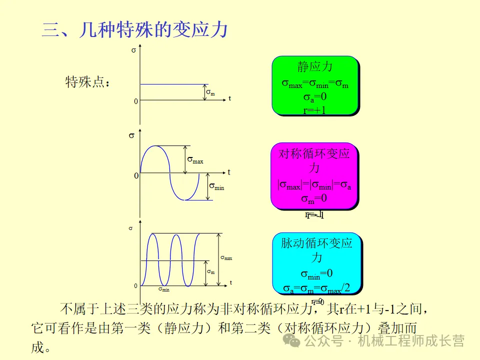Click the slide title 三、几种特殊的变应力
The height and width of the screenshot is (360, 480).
pyautogui.click(x=135, y=30)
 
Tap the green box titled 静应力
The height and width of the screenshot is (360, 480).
pyautogui.click(x=315, y=85)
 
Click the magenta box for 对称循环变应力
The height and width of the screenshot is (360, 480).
pyautogui.click(x=314, y=175)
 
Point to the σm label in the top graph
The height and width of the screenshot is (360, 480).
pyautogui.click(x=210, y=93)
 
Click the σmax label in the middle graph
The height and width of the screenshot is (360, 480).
pyautogui.click(x=195, y=160)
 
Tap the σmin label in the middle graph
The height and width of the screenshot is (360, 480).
pyautogui.click(x=216, y=187)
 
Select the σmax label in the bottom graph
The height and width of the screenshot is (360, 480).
pyautogui.click(x=226, y=258)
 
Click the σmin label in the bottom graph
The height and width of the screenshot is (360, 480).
pyautogui.click(x=164, y=289)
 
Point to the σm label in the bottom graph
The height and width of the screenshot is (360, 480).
pyautogui.click(x=210, y=272)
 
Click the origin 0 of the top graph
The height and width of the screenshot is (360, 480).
pyautogui.click(x=135, y=101)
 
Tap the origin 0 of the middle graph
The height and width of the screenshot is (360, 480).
pyautogui.click(x=135, y=176)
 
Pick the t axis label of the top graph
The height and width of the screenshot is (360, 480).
pyautogui.click(x=229, y=98)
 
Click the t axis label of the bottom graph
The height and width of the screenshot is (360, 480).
pyautogui.click(x=230, y=283)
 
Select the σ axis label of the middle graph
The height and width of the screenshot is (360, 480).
pyautogui.click(x=131, y=135)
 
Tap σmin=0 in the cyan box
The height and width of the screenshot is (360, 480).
pyautogui.click(x=316, y=273)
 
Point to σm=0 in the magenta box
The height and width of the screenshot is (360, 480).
pyautogui.click(x=314, y=198)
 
